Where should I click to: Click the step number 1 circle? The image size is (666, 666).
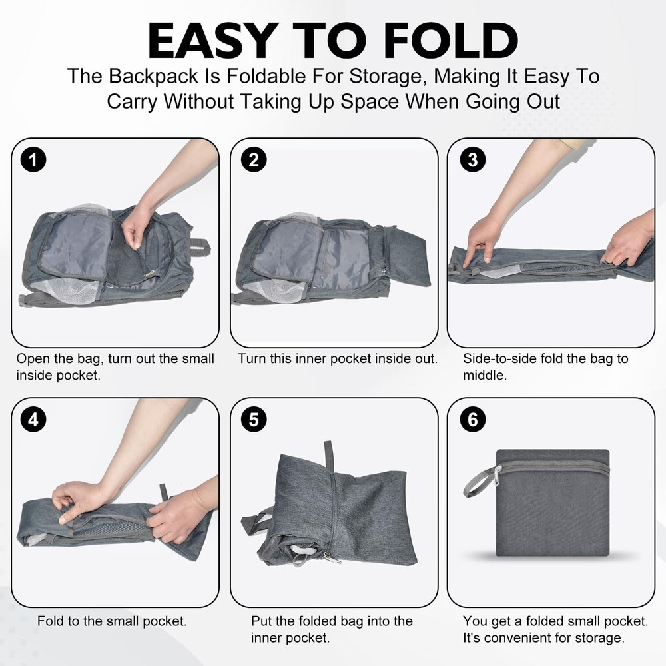[x=33, y=160]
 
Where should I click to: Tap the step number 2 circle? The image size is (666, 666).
[x=254, y=160]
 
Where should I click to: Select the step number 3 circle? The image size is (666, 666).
[x=473, y=160]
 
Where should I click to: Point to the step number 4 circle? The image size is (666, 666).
[x=33, y=420]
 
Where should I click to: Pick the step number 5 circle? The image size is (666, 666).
[x=254, y=420]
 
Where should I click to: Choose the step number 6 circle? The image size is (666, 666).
[x=473, y=420]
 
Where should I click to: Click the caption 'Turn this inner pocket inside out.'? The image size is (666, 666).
[x=338, y=358]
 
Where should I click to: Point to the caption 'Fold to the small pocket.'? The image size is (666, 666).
[x=112, y=621]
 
